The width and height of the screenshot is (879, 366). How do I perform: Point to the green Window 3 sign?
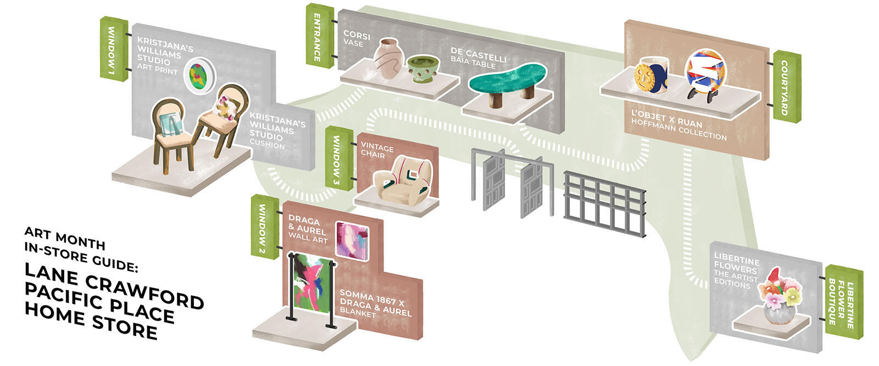338,159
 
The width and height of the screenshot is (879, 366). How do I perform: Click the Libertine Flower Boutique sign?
843,302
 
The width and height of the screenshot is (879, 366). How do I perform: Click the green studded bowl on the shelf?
422,69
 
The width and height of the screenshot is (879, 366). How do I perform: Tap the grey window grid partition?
604,204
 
